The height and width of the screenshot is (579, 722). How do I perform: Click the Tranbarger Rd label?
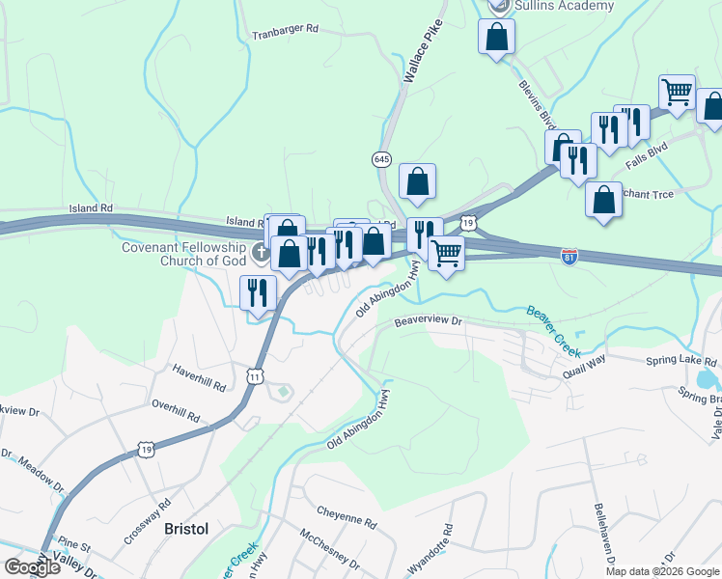[x=285, y=30]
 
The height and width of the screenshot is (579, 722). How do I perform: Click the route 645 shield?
[x=382, y=158]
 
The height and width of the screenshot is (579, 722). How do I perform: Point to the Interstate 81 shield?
[x=569, y=256]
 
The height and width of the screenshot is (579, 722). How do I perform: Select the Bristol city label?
[x=186, y=529]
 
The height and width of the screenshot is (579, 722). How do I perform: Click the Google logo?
[x=31, y=567]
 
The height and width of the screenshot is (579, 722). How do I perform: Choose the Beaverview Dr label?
[x=426, y=323]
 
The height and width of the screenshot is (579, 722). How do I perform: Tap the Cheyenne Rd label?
[x=346, y=518]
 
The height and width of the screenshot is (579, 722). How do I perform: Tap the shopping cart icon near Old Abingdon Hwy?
[x=445, y=254]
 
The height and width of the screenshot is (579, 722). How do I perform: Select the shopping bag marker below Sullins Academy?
[x=497, y=38]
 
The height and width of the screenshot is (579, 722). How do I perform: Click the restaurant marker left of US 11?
[x=258, y=291]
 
